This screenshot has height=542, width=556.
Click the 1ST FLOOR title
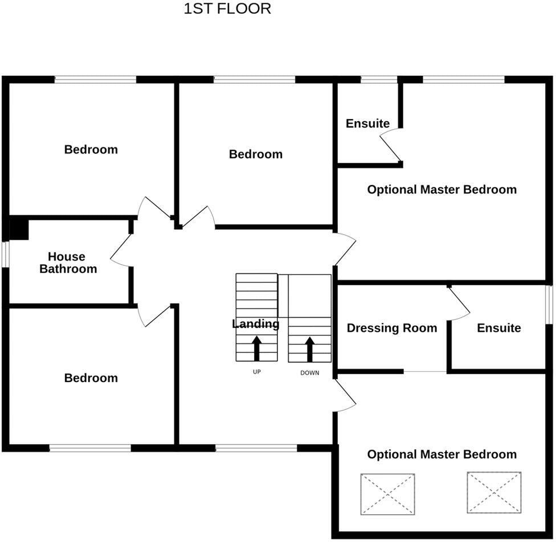(227, 9)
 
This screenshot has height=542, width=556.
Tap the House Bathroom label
(67, 263)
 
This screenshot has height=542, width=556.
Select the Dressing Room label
(392, 328)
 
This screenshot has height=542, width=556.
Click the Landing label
(256, 324)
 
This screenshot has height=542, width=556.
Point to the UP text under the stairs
(256, 372)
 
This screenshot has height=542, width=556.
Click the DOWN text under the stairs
(309, 373)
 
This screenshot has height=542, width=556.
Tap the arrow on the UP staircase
(256, 347)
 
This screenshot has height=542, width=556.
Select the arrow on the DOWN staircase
(310, 348)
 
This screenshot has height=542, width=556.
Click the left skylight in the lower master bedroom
(387, 494)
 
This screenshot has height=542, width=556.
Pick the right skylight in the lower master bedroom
(494, 492)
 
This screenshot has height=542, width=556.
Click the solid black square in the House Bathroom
(19, 228)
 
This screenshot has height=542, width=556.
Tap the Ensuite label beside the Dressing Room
(498, 328)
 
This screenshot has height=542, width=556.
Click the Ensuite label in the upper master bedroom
(367, 124)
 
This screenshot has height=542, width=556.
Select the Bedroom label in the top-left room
(91, 150)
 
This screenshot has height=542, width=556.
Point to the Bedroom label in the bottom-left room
(91, 378)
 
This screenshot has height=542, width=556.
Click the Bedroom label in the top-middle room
(255, 154)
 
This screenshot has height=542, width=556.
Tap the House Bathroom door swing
(121, 251)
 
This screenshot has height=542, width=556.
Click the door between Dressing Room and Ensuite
(459, 302)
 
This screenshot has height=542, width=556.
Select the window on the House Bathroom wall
(6, 254)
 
